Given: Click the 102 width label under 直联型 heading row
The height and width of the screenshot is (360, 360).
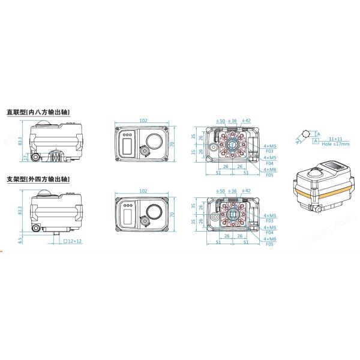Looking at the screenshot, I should click(143, 120).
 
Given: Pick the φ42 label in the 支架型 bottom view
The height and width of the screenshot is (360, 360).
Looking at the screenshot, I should click(247, 190).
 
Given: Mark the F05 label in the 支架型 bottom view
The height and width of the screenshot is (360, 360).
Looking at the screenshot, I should click(269, 245).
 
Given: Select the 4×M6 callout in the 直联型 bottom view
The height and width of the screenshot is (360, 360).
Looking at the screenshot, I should click(270, 170).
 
